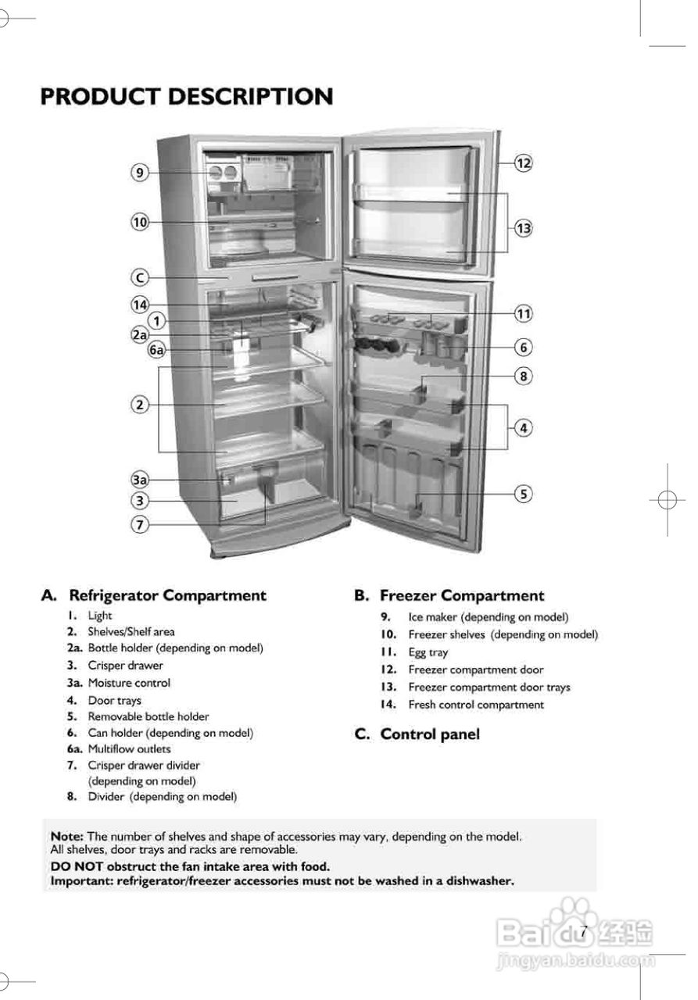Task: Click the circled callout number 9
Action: [x=139, y=173]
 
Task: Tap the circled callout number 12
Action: [x=523, y=163]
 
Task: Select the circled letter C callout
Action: [x=139, y=277]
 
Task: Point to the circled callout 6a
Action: [x=157, y=350]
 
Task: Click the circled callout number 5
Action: [x=523, y=494]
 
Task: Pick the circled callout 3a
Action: [x=139, y=479]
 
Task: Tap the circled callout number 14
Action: [x=139, y=304]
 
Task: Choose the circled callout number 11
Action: [x=523, y=314]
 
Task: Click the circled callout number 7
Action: [x=139, y=524]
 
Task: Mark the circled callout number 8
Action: [x=523, y=376]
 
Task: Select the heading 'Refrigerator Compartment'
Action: [x=167, y=595]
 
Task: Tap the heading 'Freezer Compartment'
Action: [x=462, y=596]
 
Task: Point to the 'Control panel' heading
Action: [x=429, y=734]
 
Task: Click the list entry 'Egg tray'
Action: [x=428, y=652]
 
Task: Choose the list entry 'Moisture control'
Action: [x=128, y=683]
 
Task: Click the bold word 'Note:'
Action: [x=67, y=836]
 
